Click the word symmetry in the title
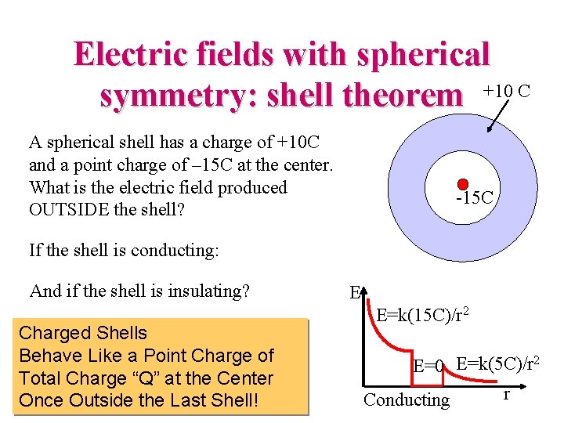click(179, 96)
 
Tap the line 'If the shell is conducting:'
click(124, 251)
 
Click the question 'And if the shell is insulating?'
click(139, 291)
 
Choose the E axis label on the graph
click(354, 293)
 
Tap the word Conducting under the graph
click(407, 400)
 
